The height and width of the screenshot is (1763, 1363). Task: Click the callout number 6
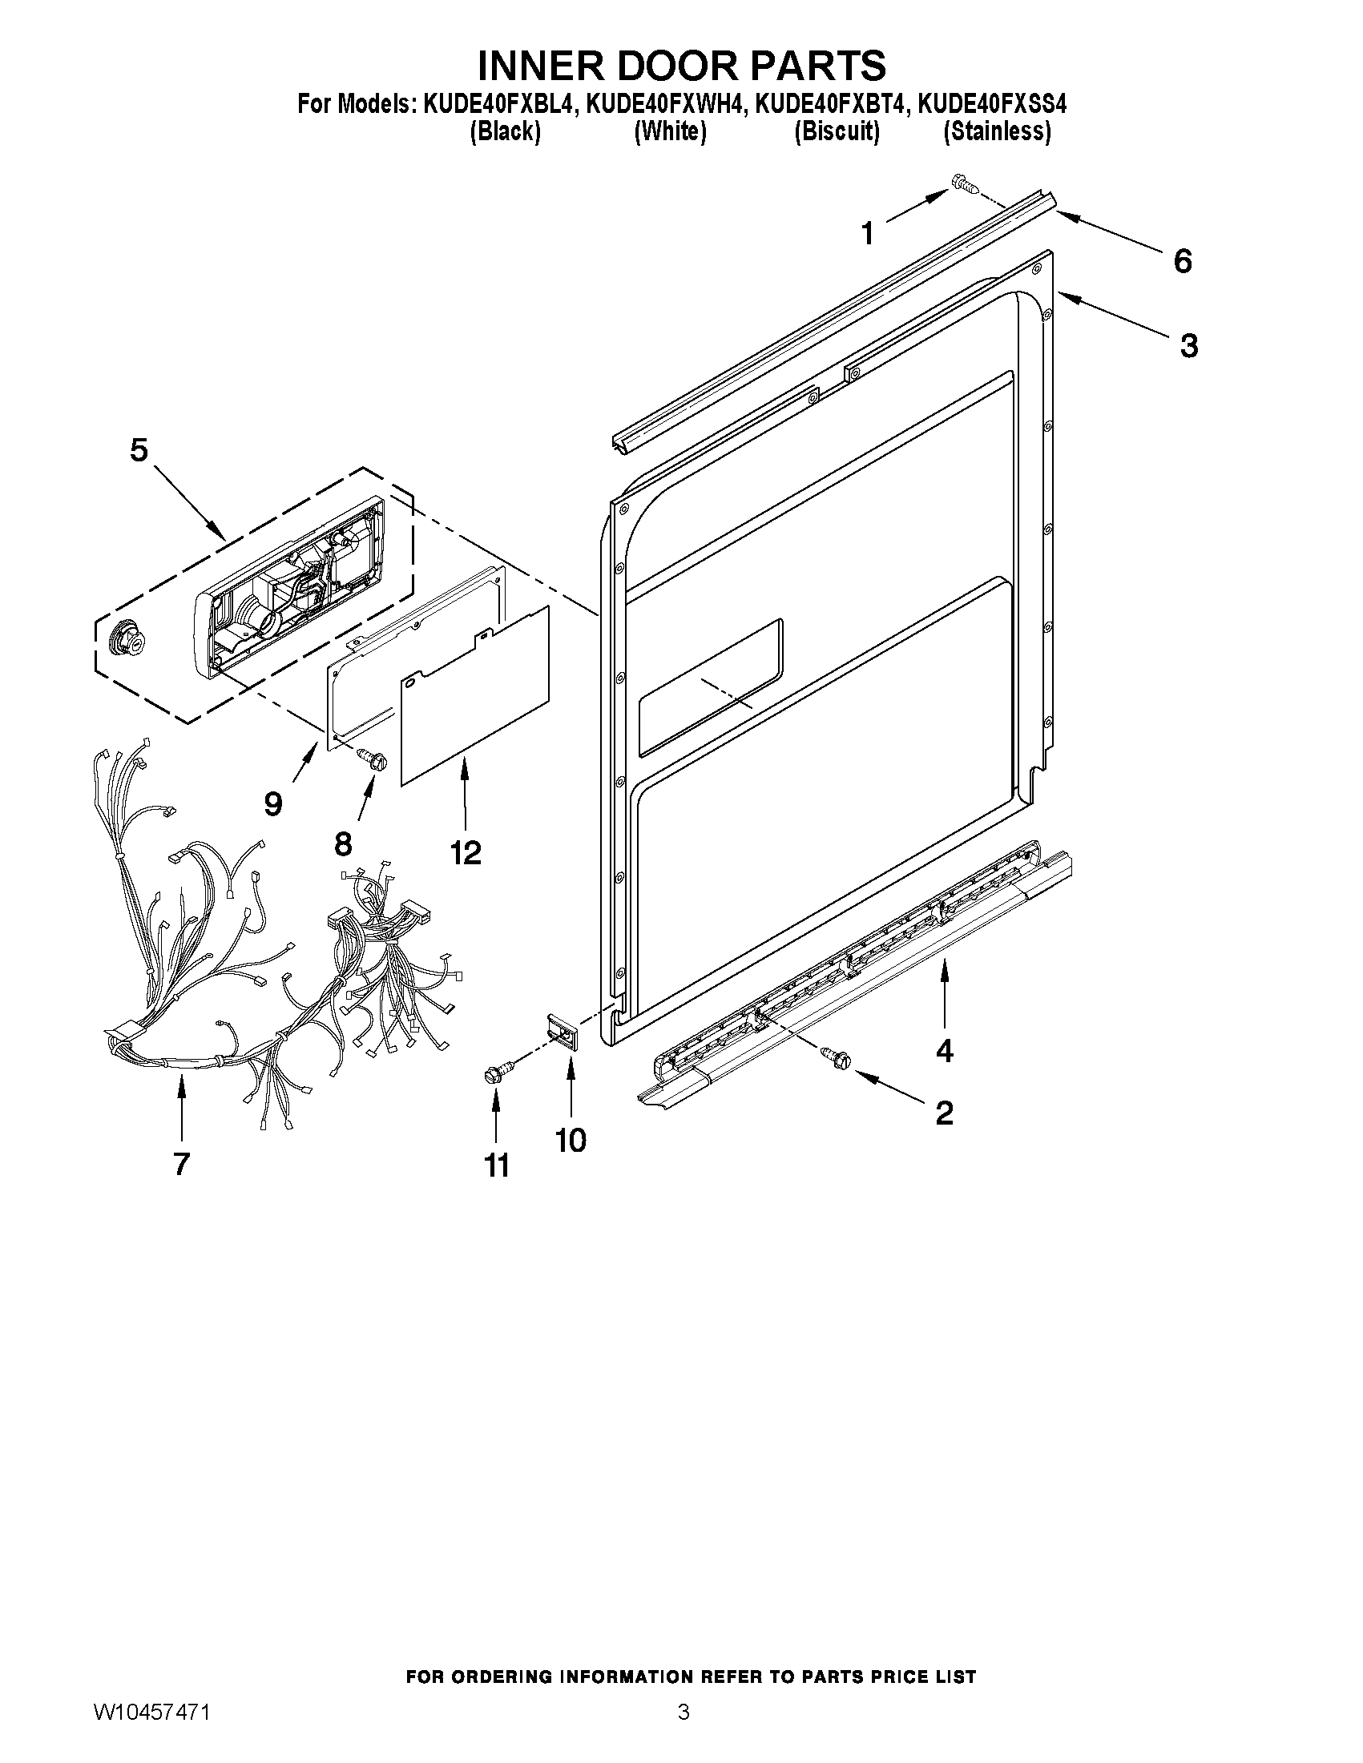pos(1182,261)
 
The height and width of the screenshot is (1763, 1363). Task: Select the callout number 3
pos(1188,345)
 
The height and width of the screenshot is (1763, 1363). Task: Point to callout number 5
pos(139,450)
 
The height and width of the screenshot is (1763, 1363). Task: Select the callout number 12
pos(466,852)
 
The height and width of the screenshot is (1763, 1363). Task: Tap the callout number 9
pos(273,803)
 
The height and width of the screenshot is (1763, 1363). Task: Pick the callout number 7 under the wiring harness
pos(181,1163)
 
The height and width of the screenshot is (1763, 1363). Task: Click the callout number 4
pos(944,1050)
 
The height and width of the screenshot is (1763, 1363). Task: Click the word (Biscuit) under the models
pos(837,131)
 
